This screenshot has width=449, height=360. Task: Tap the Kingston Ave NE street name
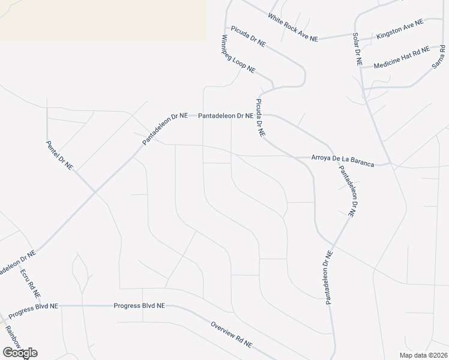tap(400, 29)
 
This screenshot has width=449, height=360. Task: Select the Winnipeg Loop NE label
tap(238, 54)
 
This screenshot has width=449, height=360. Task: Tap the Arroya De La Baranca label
tap(342, 160)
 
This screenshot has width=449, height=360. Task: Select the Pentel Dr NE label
tap(59, 155)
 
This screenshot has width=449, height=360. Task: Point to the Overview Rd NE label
tap(231, 335)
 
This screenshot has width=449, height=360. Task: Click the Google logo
tap(20, 352)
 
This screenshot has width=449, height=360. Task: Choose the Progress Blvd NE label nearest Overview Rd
tap(139, 306)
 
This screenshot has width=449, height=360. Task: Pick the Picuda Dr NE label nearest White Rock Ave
tap(248, 36)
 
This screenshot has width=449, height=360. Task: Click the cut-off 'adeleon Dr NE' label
tap(16, 262)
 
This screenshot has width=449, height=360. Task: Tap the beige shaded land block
tap(102, 19)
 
